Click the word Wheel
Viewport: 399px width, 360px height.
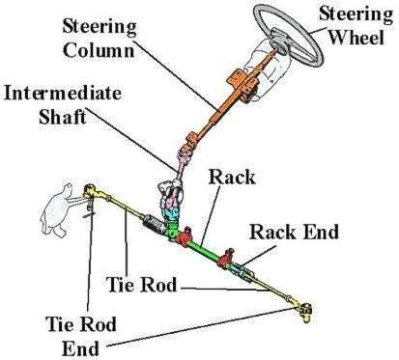351,37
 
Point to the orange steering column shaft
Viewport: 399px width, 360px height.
208,116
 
